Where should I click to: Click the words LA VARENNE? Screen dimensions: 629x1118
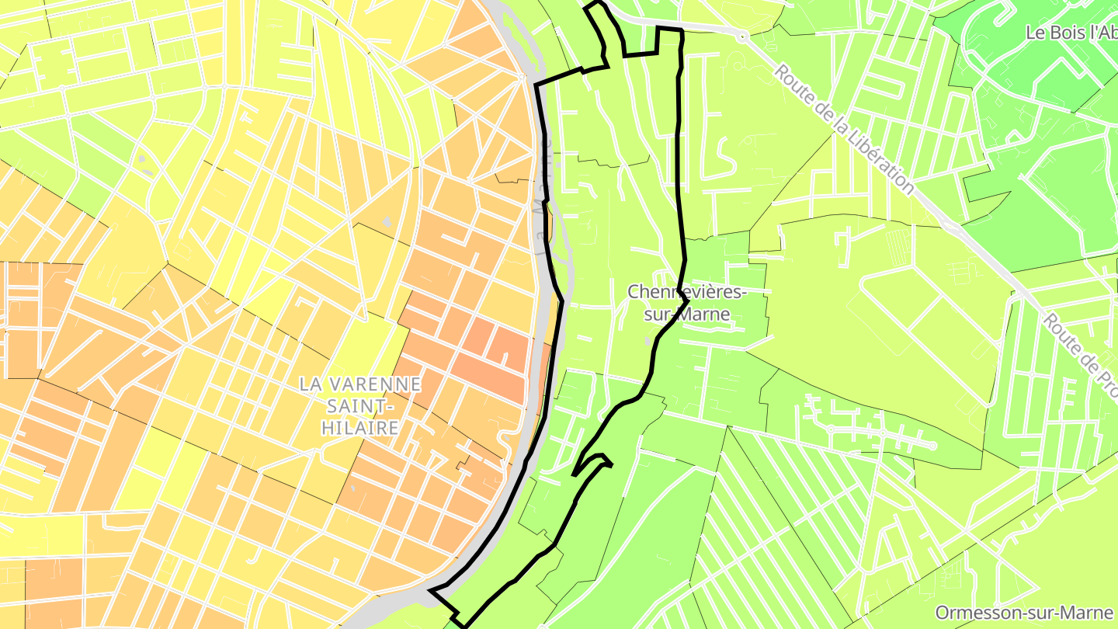361,384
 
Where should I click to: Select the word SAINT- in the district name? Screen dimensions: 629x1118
361,405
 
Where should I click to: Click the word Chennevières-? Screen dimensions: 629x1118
687,292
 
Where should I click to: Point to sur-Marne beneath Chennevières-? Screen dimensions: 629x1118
687,314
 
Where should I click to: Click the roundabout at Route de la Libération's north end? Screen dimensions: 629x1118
743,36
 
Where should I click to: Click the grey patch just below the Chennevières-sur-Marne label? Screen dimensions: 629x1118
648,340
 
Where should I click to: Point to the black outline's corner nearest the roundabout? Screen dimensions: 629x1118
681,30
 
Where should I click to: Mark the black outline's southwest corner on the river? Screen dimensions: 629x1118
432,591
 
